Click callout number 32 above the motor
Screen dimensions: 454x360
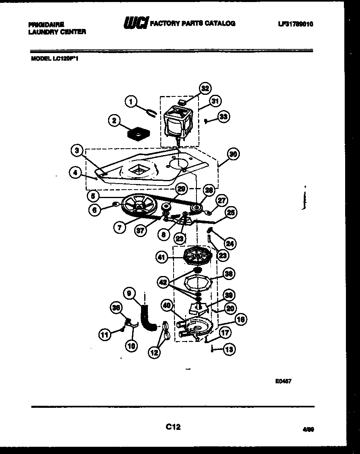[x=205, y=88]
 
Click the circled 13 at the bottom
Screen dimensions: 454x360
[x=229, y=350]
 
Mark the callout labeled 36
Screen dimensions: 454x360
[x=116, y=308]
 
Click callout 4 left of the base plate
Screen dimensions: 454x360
[x=74, y=173]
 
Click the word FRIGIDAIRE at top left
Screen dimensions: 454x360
[x=46, y=24]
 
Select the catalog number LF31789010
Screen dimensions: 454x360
[x=295, y=24]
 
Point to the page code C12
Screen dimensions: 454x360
[x=173, y=427]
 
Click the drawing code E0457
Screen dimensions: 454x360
[x=283, y=381]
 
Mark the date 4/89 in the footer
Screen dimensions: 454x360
[x=308, y=429]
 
